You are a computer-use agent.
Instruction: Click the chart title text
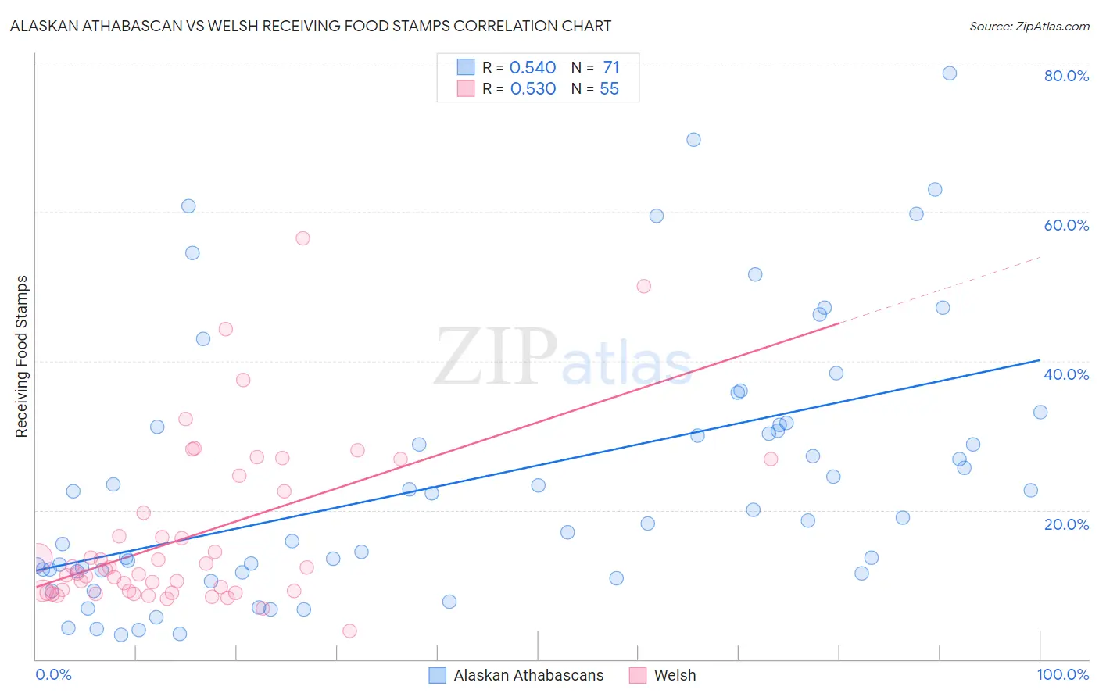click(x=310, y=26)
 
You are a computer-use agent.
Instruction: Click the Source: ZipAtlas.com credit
click(x=1029, y=26)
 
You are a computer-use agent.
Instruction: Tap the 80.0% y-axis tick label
click(x=1066, y=76)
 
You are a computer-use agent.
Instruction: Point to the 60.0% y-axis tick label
click(x=1066, y=225)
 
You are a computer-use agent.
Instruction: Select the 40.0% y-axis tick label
click(x=1066, y=374)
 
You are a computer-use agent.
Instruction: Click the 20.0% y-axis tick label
click(x=1066, y=524)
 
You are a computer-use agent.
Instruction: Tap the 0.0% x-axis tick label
click(x=53, y=674)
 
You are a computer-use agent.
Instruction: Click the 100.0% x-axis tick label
click(x=1062, y=674)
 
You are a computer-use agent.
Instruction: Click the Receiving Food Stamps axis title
click(x=22, y=356)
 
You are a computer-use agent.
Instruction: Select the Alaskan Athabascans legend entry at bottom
click(x=528, y=675)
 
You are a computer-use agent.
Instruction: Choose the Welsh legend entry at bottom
click(x=674, y=675)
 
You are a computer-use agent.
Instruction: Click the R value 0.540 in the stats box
click(x=532, y=68)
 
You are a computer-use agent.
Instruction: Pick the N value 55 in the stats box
click(x=609, y=89)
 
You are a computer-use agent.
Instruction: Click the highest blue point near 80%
click(x=950, y=73)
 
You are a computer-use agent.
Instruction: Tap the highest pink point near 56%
click(x=302, y=238)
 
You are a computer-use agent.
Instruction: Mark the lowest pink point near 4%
click(x=349, y=631)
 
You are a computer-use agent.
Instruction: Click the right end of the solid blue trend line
click(x=1040, y=360)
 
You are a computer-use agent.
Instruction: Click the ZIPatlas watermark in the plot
click(x=563, y=358)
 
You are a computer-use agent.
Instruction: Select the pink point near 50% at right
click(x=644, y=286)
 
